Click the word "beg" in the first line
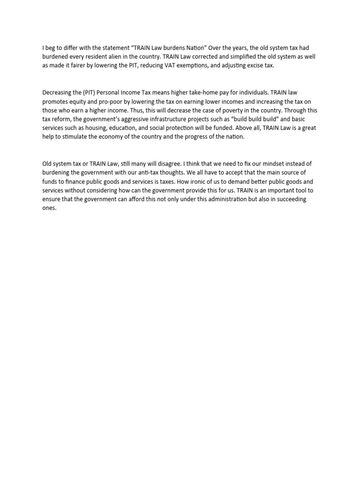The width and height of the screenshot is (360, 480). (x=52, y=47)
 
